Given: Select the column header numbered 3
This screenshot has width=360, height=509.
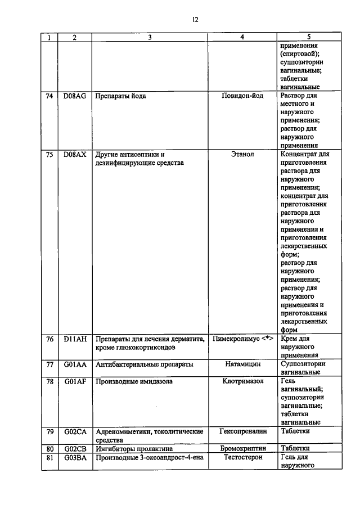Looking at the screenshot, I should [149, 38].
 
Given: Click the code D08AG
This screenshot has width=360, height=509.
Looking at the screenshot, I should [75, 96].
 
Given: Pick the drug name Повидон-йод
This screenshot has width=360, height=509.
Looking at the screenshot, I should [242, 96].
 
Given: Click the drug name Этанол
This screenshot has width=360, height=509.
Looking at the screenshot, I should [242, 154].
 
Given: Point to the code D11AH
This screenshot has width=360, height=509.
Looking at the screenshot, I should [75, 339].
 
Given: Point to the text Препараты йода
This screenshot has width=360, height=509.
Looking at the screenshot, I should [121, 96].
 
